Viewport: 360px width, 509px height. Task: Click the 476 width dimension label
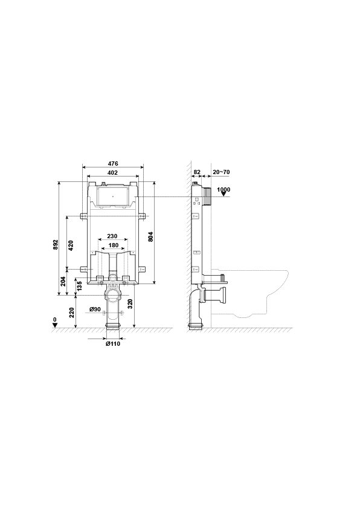[113, 164]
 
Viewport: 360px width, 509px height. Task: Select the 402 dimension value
[113, 173]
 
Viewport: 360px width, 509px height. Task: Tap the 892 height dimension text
[56, 244]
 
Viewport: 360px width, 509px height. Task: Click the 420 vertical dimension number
[71, 246]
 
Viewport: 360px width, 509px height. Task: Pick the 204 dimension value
[63, 282]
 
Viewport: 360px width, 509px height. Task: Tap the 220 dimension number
[72, 313]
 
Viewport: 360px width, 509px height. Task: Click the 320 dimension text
[130, 303]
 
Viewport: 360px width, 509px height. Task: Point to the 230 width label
[112, 236]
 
